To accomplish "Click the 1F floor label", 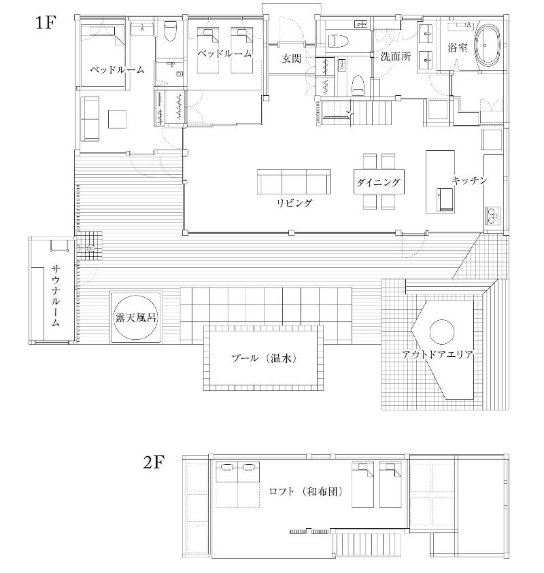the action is [45, 22].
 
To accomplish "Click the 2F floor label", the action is [154, 462].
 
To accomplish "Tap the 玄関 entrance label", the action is [291, 58].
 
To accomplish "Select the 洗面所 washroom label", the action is [395, 56].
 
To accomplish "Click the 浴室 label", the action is [458, 48].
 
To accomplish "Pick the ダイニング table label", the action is [378, 182].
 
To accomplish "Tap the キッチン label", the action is [469, 180].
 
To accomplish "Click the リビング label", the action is [294, 203].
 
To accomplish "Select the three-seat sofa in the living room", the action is [294, 181].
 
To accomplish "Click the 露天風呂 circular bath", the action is [135, 317].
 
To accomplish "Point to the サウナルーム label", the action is [55, 296].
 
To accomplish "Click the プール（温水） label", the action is [264, 358].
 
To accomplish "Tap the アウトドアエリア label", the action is [438, 354].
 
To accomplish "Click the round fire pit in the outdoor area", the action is [441, 332].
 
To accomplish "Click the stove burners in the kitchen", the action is [492, 215].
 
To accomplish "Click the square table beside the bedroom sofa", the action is [117, 119].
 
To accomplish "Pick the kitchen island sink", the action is [446, 200].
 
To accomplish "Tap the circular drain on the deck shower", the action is [90, 248].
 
